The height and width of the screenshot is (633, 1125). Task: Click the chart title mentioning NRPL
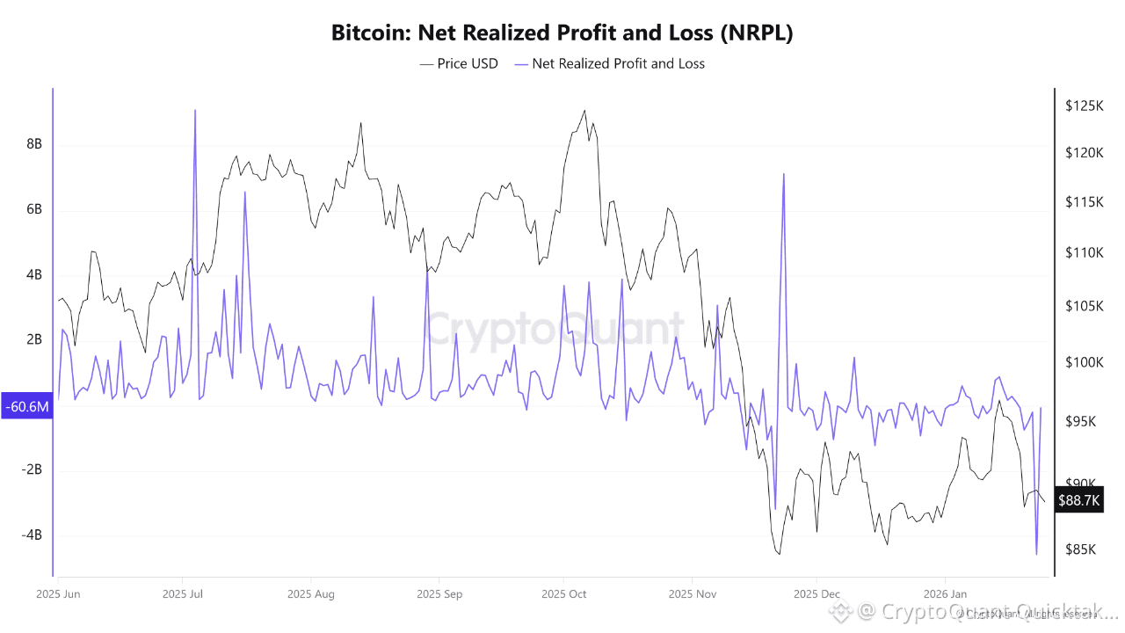tap(562, 33)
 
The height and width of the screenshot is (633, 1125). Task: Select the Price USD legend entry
tap(459, 63)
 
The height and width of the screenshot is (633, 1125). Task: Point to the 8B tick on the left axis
tap(34, 144)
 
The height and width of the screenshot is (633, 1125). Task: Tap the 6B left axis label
tap(34, 209)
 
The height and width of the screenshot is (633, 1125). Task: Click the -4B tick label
tap(32, 535)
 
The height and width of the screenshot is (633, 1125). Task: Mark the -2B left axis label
tap(32, 469)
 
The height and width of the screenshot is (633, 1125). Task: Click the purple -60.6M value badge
tap(26, 407)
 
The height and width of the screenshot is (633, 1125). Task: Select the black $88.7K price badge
tap(1078, 500)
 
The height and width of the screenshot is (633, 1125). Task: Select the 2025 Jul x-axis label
tap(183, 594)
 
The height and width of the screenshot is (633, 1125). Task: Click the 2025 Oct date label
tap(564, 594)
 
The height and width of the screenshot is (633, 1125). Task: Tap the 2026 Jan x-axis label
tap(945, 594)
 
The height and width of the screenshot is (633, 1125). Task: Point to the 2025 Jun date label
tap(58, 594)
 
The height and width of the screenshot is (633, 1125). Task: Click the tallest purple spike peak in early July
tap(195, 110)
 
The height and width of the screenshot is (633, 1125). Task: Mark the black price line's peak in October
tap(584, 111)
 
